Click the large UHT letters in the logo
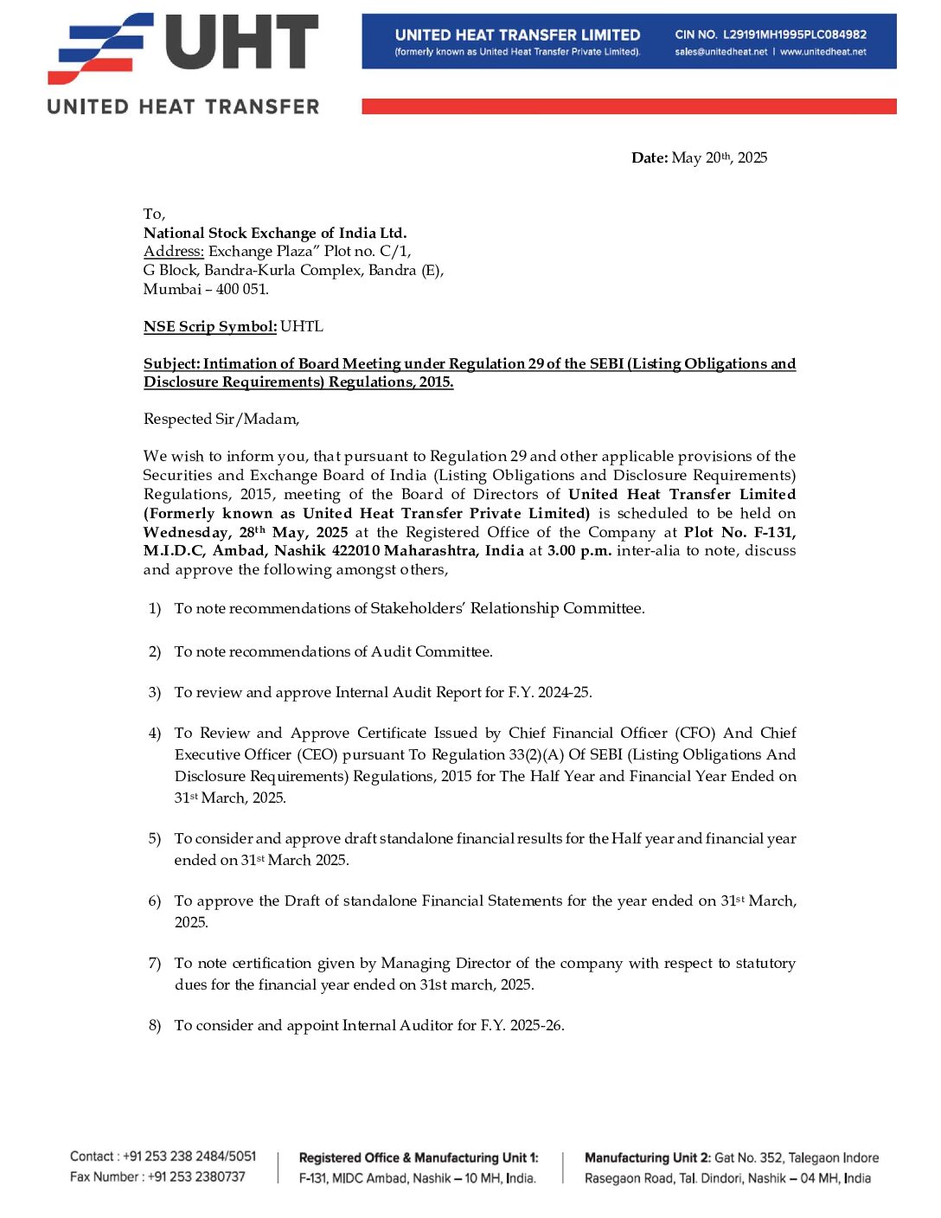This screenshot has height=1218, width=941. pos(242,43)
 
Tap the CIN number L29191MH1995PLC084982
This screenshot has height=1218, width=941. pos(794,35)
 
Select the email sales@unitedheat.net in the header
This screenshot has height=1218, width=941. pos(721,52)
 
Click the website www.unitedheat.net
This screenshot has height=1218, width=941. pos(823,52)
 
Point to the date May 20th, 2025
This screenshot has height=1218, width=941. pos(719,157)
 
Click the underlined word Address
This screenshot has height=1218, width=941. pos(173,251)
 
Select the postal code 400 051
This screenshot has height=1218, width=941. pos(242,289)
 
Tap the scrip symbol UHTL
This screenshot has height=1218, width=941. pos(302,326)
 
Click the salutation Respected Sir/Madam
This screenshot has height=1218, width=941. pos(221,419)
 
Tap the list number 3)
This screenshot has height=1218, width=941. pos(155,692)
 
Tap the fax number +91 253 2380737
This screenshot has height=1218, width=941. pos(196,1176)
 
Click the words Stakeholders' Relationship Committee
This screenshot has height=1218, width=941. pos(507,608)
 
